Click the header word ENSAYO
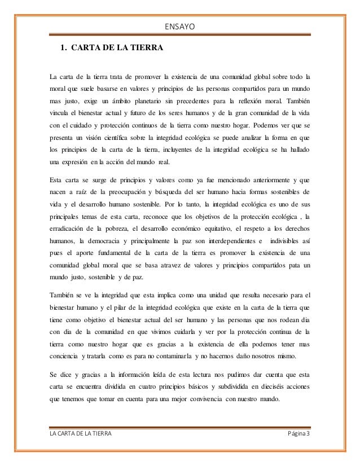coord(180,26)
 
